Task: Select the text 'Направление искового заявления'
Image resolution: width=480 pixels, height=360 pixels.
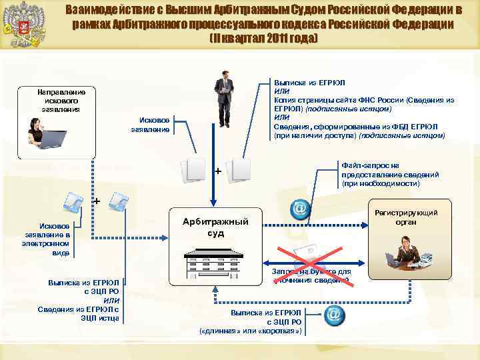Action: pos(58,99)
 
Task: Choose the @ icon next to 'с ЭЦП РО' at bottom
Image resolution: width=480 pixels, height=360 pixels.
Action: pos(334,315)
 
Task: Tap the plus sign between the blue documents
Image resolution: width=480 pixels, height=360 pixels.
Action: pos(97,201)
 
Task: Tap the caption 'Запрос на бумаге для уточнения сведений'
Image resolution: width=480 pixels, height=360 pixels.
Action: pos(311,276)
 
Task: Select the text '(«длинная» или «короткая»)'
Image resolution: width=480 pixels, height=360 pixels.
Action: pos(251,331)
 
